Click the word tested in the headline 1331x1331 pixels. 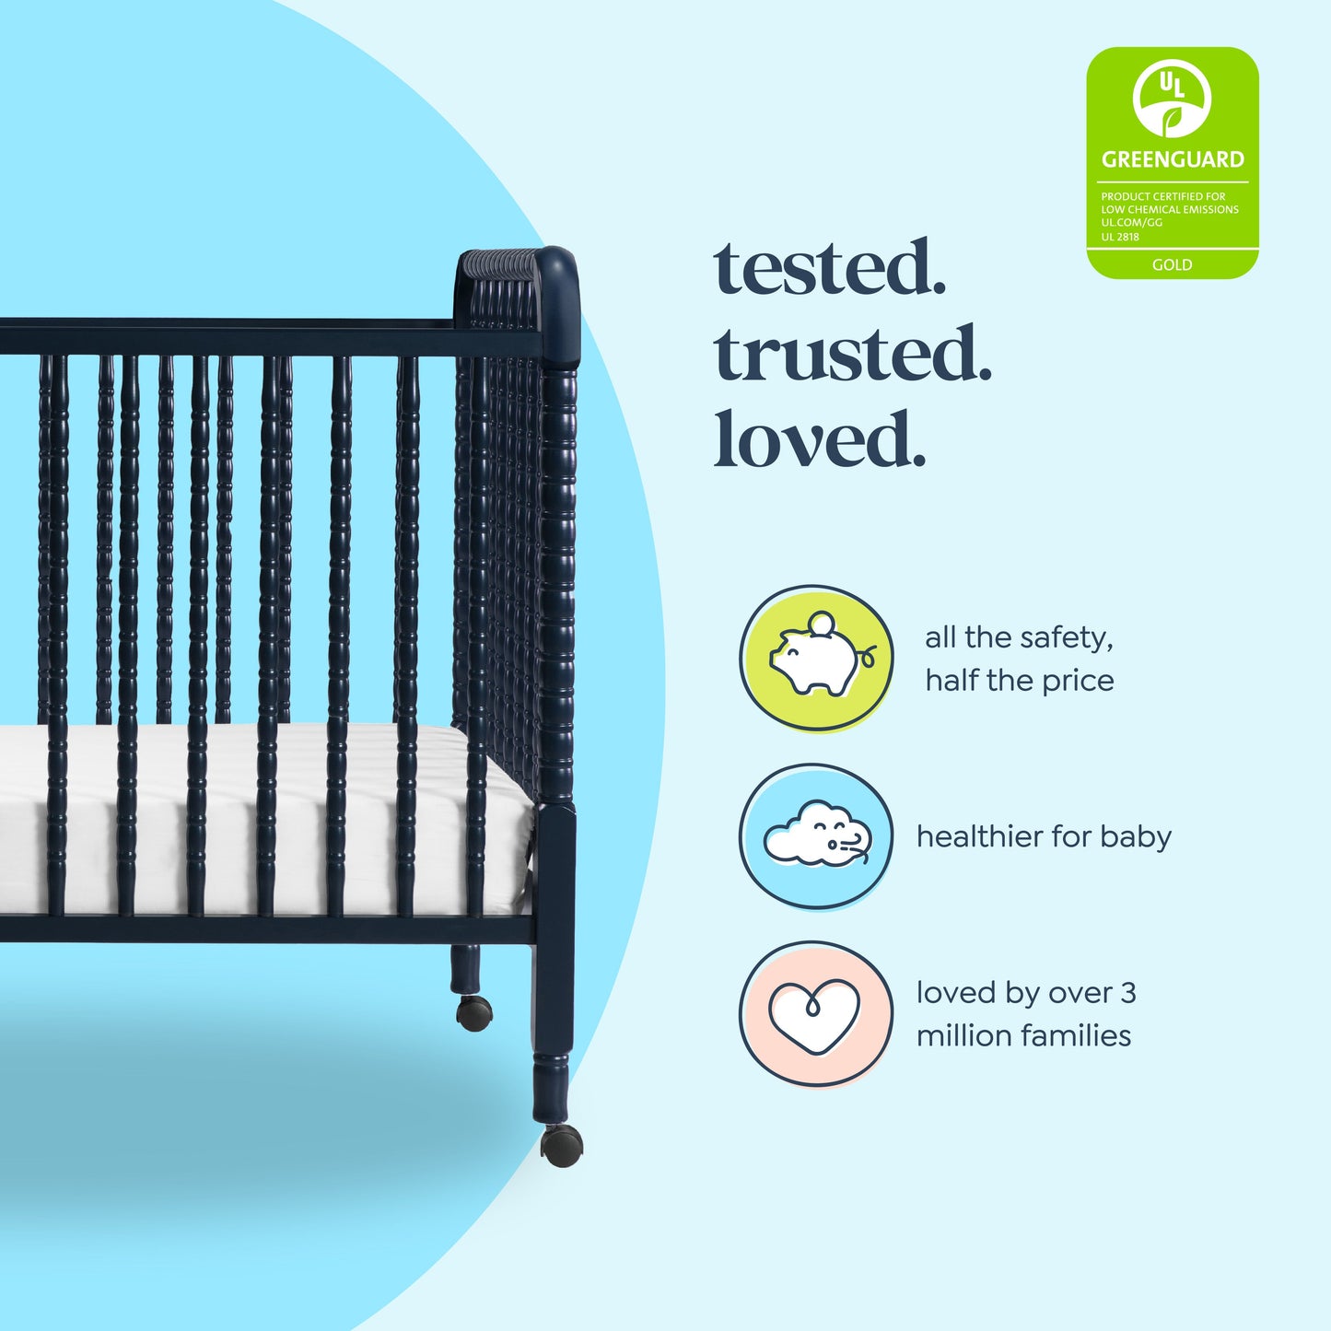829,268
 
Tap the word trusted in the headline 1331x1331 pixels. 852,355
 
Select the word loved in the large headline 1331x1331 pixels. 818,439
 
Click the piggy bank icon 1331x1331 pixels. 817,658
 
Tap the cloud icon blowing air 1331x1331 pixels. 816,835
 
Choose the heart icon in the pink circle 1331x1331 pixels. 815,1014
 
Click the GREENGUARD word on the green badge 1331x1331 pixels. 1173,159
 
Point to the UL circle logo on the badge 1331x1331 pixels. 1172,98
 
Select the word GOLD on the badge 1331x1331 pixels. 1172,264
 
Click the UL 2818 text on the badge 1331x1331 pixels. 1120,237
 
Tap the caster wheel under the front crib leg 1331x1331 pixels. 561,1146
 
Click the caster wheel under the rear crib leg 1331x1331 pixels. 474,1012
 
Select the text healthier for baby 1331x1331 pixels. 1044,836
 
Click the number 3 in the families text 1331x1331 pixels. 1127,993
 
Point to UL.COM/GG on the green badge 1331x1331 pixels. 1131,223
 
